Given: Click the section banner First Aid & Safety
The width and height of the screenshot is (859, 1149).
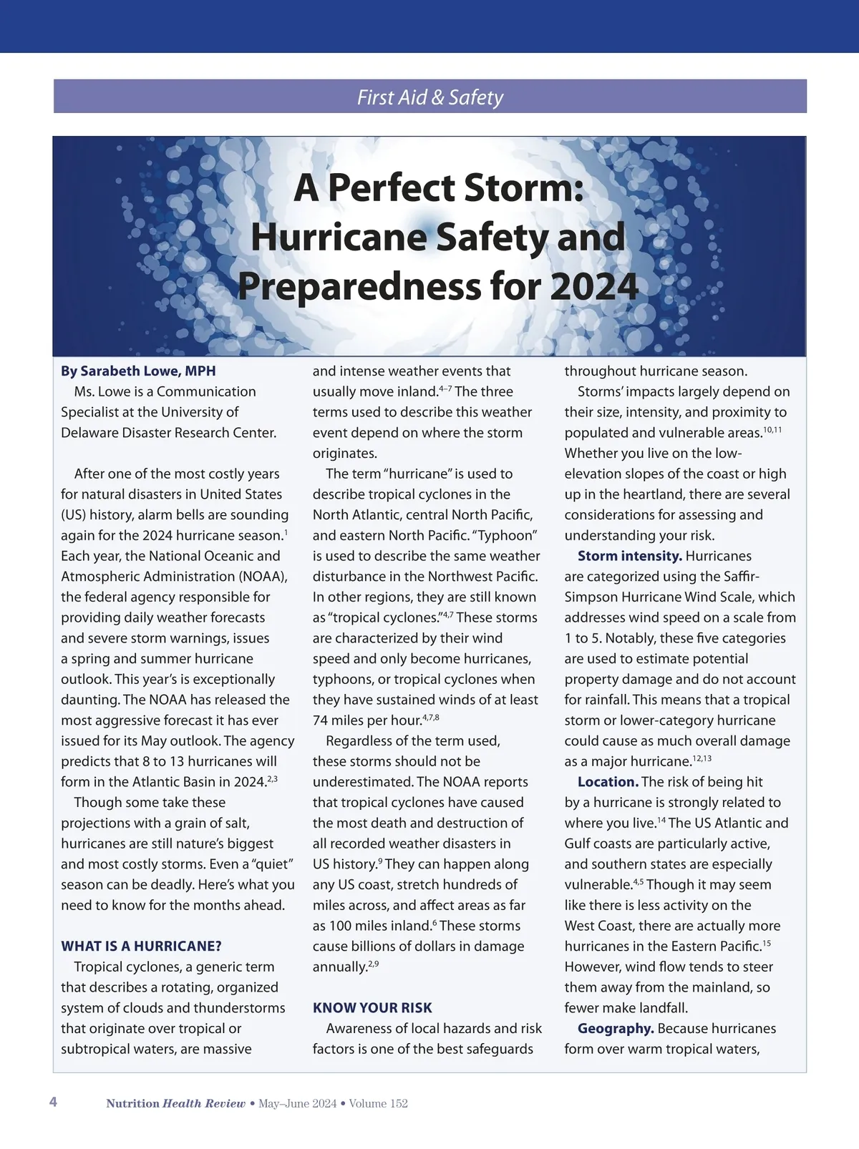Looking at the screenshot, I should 429,97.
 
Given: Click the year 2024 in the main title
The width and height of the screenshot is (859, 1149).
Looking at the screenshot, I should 594,286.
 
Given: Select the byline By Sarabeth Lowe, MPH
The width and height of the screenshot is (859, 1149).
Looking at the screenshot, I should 138,371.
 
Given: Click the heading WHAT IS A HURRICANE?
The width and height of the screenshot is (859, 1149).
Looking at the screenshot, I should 141,946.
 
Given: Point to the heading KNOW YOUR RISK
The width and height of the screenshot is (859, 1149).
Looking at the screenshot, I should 372,1007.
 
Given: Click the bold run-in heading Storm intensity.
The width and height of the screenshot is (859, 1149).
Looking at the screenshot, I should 629,556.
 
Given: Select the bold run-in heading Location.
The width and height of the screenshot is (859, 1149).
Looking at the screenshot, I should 608,782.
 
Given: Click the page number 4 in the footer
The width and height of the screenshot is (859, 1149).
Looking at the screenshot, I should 53,1102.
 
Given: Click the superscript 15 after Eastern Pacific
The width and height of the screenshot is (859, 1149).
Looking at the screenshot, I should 766,944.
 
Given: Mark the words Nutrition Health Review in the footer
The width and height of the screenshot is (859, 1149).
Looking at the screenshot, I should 175,1103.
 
